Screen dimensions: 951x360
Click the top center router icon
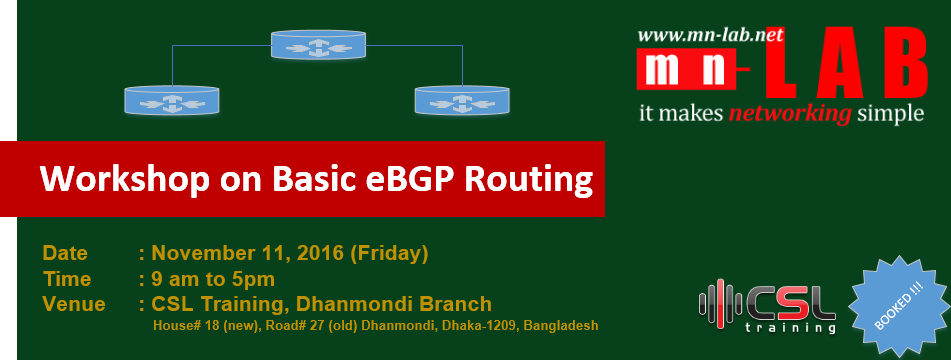[318, 44]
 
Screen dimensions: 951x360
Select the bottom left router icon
[172, 100]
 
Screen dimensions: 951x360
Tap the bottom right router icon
[462, 100]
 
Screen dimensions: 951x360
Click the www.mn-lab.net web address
[710, 35]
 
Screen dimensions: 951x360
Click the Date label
[65, 253]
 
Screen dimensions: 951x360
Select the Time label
[67, 279]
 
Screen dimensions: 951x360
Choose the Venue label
[74, 304]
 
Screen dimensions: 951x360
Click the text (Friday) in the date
[389, 253]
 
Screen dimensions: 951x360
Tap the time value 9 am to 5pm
[213, 279]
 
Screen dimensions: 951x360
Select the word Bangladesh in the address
[561, 325]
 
